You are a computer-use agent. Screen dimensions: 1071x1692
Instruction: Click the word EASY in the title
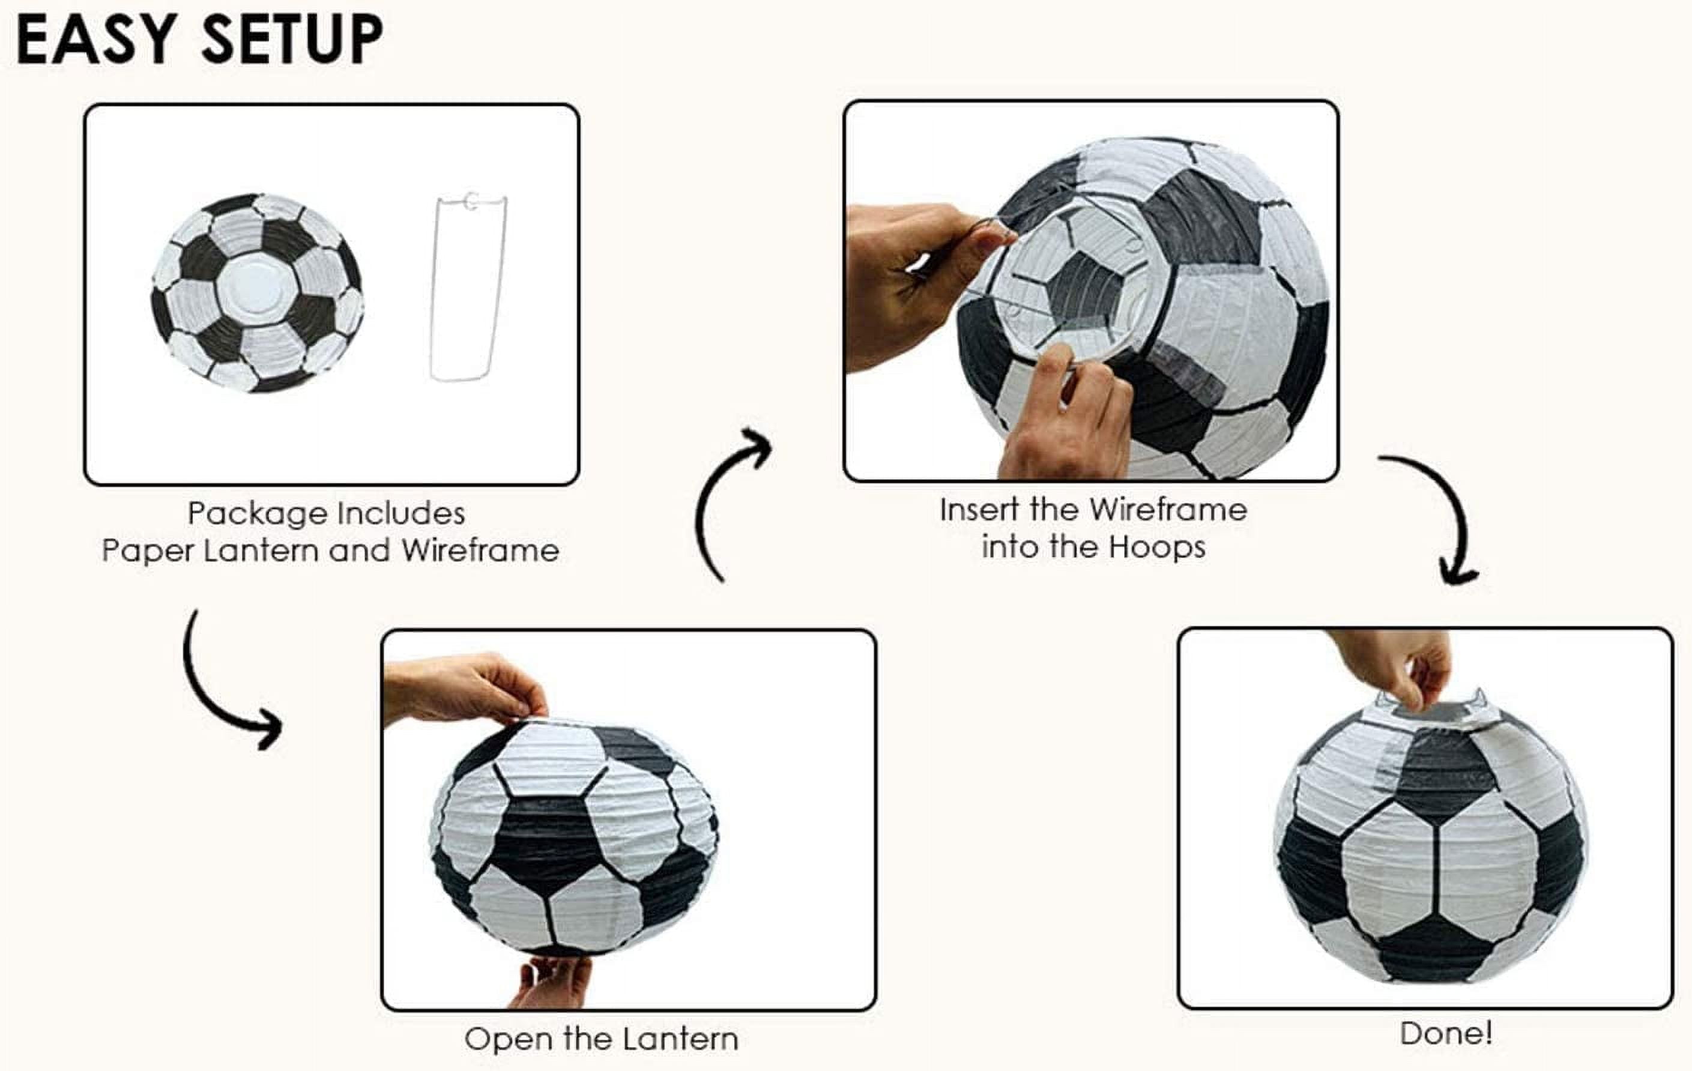click(95, 40)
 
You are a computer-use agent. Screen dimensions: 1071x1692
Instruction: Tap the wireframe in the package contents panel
click(467, 288)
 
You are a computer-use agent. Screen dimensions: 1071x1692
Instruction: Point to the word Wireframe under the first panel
click(480, 551)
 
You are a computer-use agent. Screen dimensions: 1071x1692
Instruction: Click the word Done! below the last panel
click(1445, 1034)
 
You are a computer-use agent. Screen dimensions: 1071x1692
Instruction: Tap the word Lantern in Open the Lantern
click(680, 1039)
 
